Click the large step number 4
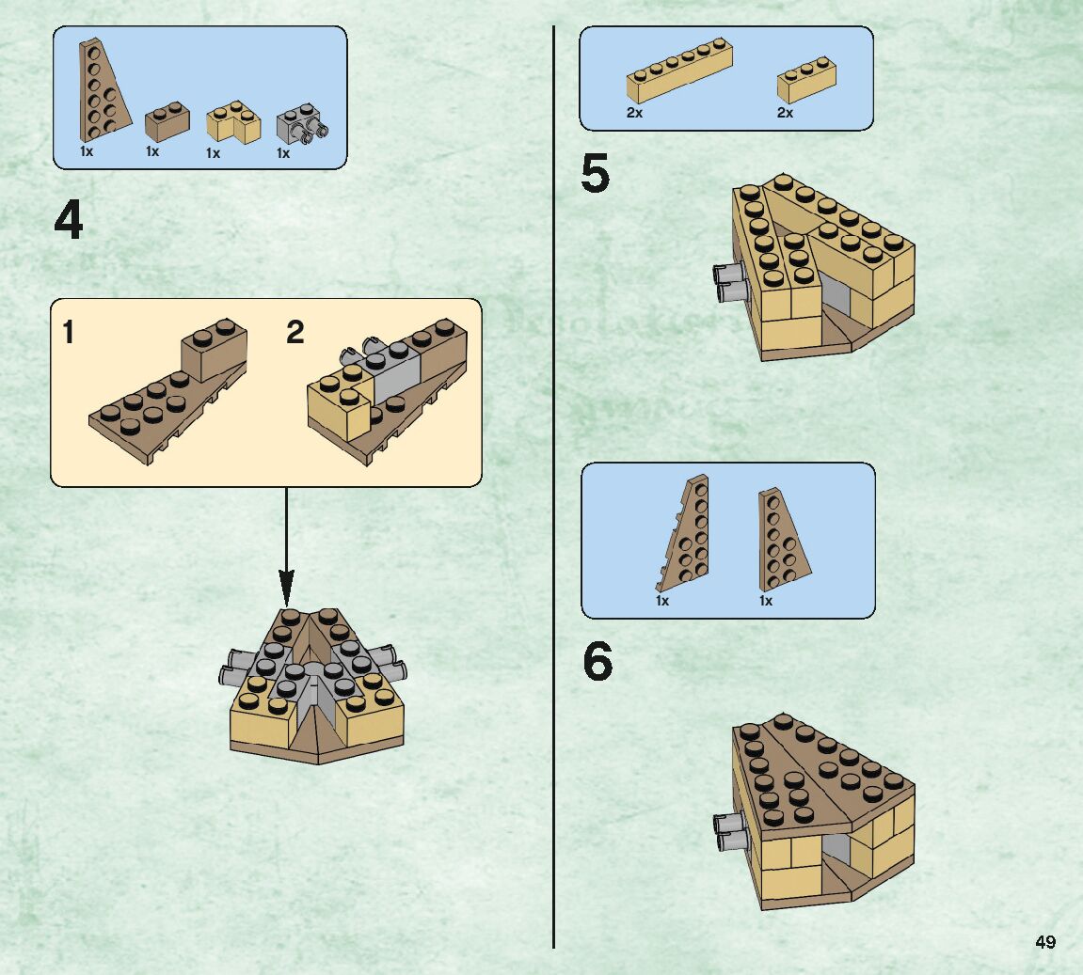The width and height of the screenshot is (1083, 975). tap(69, 222)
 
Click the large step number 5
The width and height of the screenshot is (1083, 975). tap(595, 175)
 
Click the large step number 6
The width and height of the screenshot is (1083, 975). tap(597, 663)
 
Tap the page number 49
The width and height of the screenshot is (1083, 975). tap(1044, 942)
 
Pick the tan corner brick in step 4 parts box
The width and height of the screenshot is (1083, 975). tap(232, 121)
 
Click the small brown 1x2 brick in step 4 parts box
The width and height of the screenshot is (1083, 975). tap(167, 122)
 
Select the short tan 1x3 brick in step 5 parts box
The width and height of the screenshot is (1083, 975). tap(806, 79)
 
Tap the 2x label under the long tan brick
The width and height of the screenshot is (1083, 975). tap(634, 113)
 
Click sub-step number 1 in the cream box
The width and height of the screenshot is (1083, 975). tap(68, 332)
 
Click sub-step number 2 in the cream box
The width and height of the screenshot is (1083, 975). tap(295, 332)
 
